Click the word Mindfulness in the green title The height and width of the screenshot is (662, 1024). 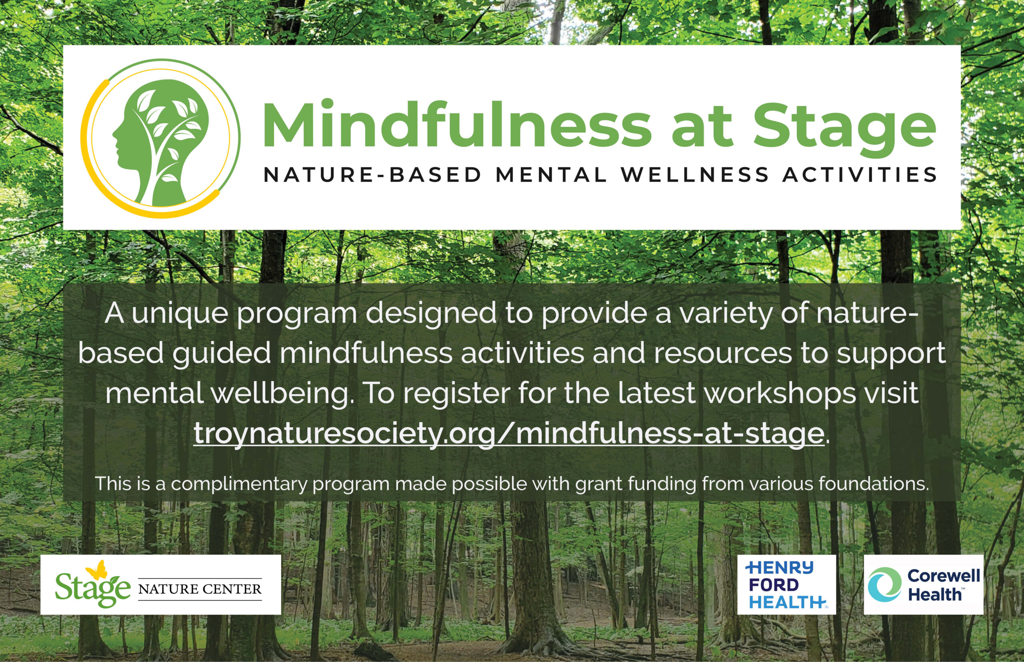click(x=458, y=125)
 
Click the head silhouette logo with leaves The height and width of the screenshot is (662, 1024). click(x=160, y=138)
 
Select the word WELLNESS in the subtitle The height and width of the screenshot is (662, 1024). click(x=694, y=175)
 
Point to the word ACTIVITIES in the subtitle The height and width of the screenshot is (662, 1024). click(x=859, y=175)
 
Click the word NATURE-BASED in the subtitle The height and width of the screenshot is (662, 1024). click(x=372, y=175)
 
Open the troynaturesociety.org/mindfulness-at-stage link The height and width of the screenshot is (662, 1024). click(x=508, y=433)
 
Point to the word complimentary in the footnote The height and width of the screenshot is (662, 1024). click(x=239, y=484)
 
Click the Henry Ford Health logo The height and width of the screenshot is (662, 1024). click(x=786, y=584)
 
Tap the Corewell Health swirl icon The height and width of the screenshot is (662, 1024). click(x=884, y=584)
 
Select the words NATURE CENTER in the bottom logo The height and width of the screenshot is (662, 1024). click(x=200, y=589)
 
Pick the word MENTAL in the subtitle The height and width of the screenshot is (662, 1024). click(x=551, y=175)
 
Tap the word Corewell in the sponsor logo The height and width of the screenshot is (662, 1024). click(x=944, y=575)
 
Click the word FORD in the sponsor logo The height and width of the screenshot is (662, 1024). click(x=774, y=585)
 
